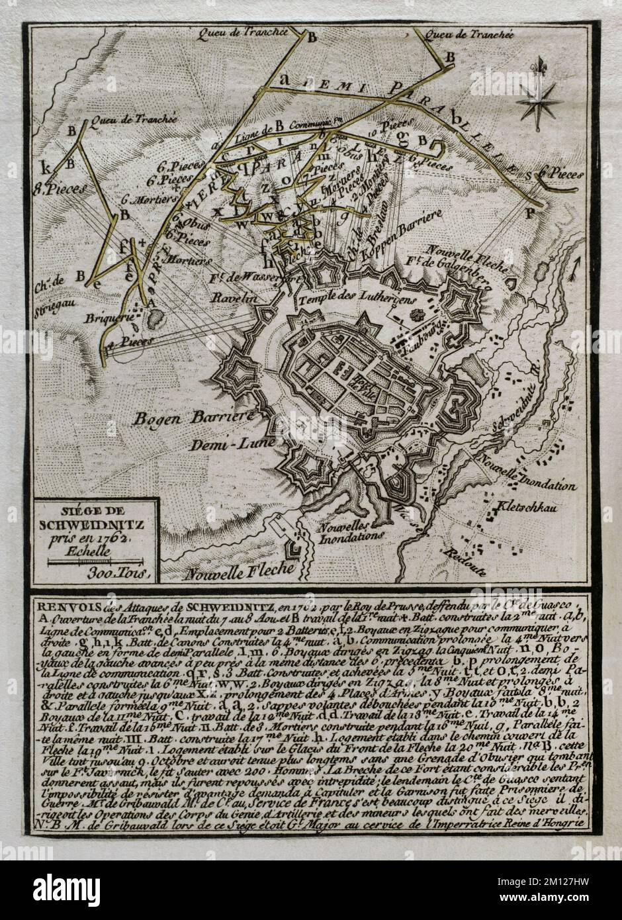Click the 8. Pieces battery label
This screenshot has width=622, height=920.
tap(60, 188)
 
